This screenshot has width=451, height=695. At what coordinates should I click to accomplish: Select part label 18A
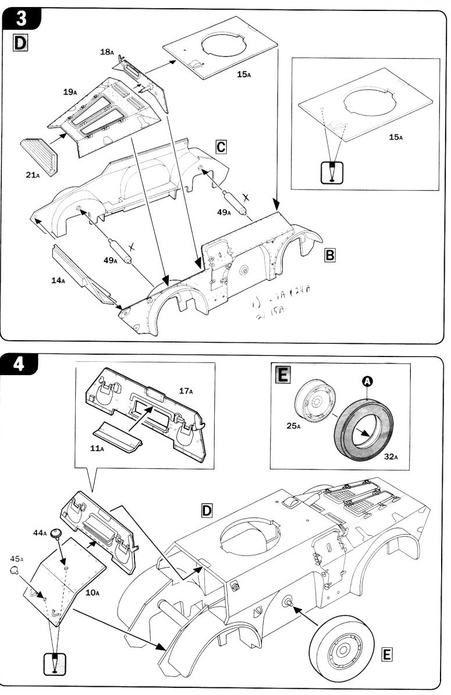[x=106, y=52]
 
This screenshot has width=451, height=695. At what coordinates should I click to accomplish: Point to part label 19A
[x=70, y=91]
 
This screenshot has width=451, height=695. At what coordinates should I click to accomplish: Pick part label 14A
[x=58, y=280]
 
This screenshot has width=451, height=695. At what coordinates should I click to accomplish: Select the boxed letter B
[x=329, y=255]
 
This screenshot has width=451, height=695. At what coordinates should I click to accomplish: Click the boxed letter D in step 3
[x=20, y=43]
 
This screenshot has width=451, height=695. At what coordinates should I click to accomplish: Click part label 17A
[x=186, y=391]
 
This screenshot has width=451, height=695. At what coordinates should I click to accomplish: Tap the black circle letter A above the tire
[x=367, y=381]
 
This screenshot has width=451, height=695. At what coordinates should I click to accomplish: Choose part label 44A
[x=40, y=532]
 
